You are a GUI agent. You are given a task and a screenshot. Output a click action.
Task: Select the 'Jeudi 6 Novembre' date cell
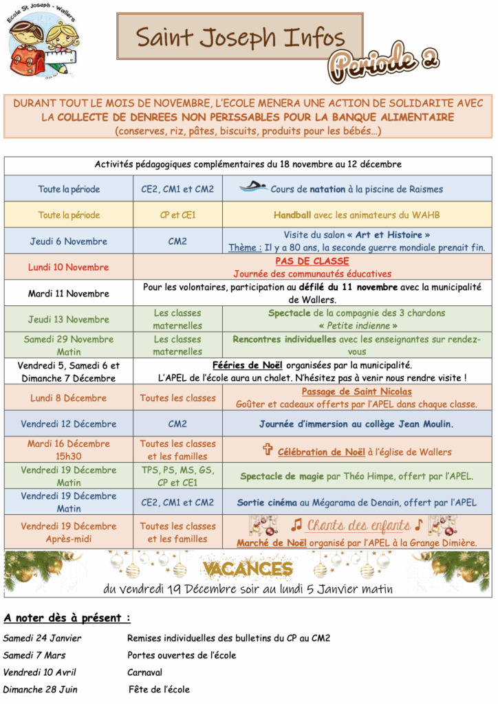[x=68, y=241]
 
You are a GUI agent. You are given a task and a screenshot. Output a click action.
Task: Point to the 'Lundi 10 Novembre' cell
[x=68, y=267]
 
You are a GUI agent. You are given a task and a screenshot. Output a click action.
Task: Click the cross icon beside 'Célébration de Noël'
[x=268, y=450]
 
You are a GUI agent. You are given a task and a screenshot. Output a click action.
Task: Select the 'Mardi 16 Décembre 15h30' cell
[x=68, y=450]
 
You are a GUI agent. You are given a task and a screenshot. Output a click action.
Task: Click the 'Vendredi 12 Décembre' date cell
[x=68, y=424]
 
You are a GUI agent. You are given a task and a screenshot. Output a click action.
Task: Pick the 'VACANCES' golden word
[x=248, y=569]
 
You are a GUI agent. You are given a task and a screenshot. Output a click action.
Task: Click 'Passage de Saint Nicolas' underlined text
[x=356, y=392]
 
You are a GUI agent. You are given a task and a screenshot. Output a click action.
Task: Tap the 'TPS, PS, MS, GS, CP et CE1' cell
[x=177, y=476]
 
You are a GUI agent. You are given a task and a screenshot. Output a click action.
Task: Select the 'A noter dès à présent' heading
[x=67, y=617]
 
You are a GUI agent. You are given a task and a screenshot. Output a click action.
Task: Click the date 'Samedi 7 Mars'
[x=34, y=655]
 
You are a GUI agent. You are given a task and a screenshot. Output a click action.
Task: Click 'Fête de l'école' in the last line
[x=159, y=690]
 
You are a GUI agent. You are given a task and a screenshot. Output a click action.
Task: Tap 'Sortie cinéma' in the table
[x=268, y=503]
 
